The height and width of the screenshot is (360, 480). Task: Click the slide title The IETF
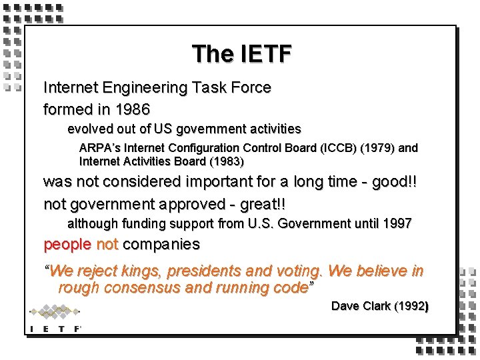tap(241, 53)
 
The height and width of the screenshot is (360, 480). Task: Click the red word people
tap(67, 245)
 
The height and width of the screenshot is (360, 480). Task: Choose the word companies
tap(161, 245)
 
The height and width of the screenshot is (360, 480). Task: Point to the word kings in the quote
tap(141, 271)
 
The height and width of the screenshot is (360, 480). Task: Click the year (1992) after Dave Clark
tap(411, 306)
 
